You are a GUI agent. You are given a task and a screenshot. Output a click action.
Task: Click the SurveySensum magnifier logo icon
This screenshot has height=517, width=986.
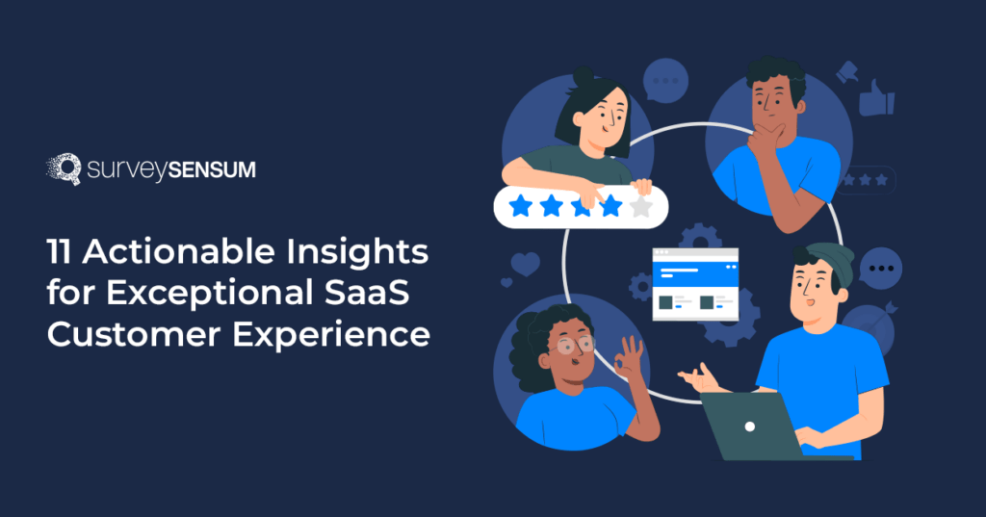63,168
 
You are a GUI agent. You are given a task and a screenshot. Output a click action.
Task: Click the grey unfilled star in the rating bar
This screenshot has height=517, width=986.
641,206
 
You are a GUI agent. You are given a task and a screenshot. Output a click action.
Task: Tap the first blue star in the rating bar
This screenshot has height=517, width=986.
520,206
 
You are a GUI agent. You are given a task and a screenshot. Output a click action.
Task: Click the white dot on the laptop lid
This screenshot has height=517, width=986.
751,426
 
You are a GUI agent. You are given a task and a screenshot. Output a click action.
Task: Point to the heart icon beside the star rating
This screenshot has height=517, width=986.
525,264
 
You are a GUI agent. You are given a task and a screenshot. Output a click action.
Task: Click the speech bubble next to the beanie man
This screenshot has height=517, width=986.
880,266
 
